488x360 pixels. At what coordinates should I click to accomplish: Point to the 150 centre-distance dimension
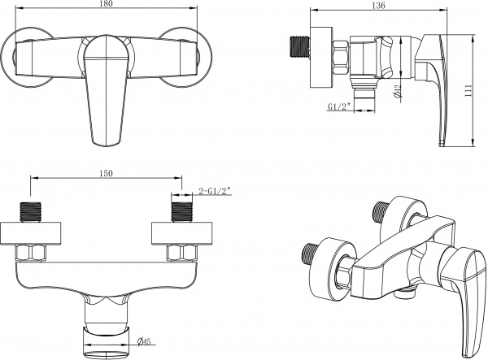[106, 173]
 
